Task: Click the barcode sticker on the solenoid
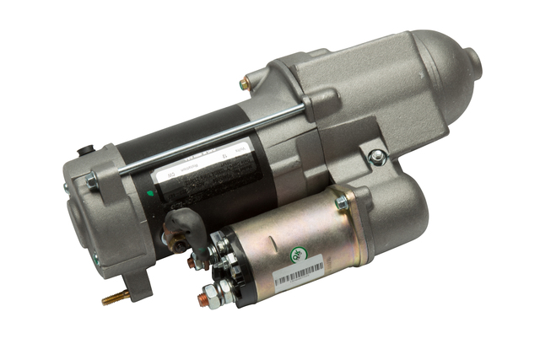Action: [x=299, y=273]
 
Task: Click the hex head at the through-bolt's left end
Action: [x=89, y=180]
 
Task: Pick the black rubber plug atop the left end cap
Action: [x=84, y=152]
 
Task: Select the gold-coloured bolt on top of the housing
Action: [x=245, y=83]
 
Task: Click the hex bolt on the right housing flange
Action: [x=377, y=157]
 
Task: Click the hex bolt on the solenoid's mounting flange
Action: [x=342, y=203]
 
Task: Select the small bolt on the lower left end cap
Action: [x=95, y=260]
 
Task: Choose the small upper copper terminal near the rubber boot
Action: [x=192, y=262]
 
